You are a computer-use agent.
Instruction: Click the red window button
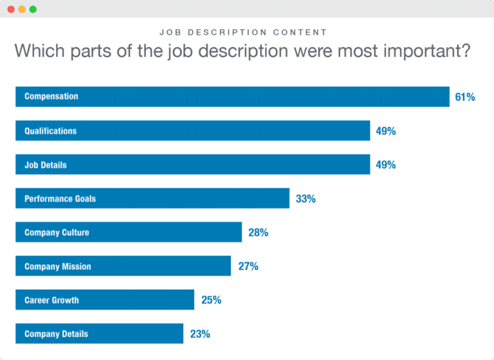coord(11,10)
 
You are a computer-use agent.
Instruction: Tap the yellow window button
coord(22,10)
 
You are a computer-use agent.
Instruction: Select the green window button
coord(33,10)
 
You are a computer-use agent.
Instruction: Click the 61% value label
coord(464,97)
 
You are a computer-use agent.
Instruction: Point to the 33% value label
coord(306,199)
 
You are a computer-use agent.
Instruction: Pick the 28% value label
coord(258,233)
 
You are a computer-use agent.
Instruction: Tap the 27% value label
coord(248,266)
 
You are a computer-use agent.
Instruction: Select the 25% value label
coord(211,300)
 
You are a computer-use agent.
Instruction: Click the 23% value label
coord(200,334)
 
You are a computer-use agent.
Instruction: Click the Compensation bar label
coord(51,96)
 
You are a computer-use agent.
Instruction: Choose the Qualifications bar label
coord(50,131)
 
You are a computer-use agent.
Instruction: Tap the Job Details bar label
coord(46,165)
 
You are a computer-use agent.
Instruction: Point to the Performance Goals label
coord(60,199)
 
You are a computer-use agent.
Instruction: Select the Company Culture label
coord(57,233)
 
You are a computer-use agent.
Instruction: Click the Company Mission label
coord(58,266)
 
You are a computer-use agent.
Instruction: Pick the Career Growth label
coord(51,300)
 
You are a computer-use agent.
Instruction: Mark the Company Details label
coord(56,334)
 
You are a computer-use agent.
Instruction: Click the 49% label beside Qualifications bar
coord(386,131)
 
